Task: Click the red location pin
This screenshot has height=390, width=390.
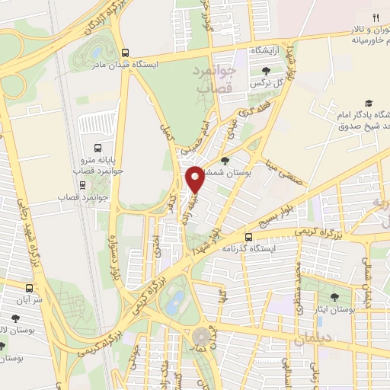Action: click(196, 180)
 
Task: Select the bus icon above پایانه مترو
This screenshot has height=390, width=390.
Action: click(97, 148)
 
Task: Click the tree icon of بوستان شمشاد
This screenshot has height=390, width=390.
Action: click(225, 160)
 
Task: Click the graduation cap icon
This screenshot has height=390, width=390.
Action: click(369, 103)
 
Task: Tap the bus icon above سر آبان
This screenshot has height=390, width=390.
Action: click(30, 289)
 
